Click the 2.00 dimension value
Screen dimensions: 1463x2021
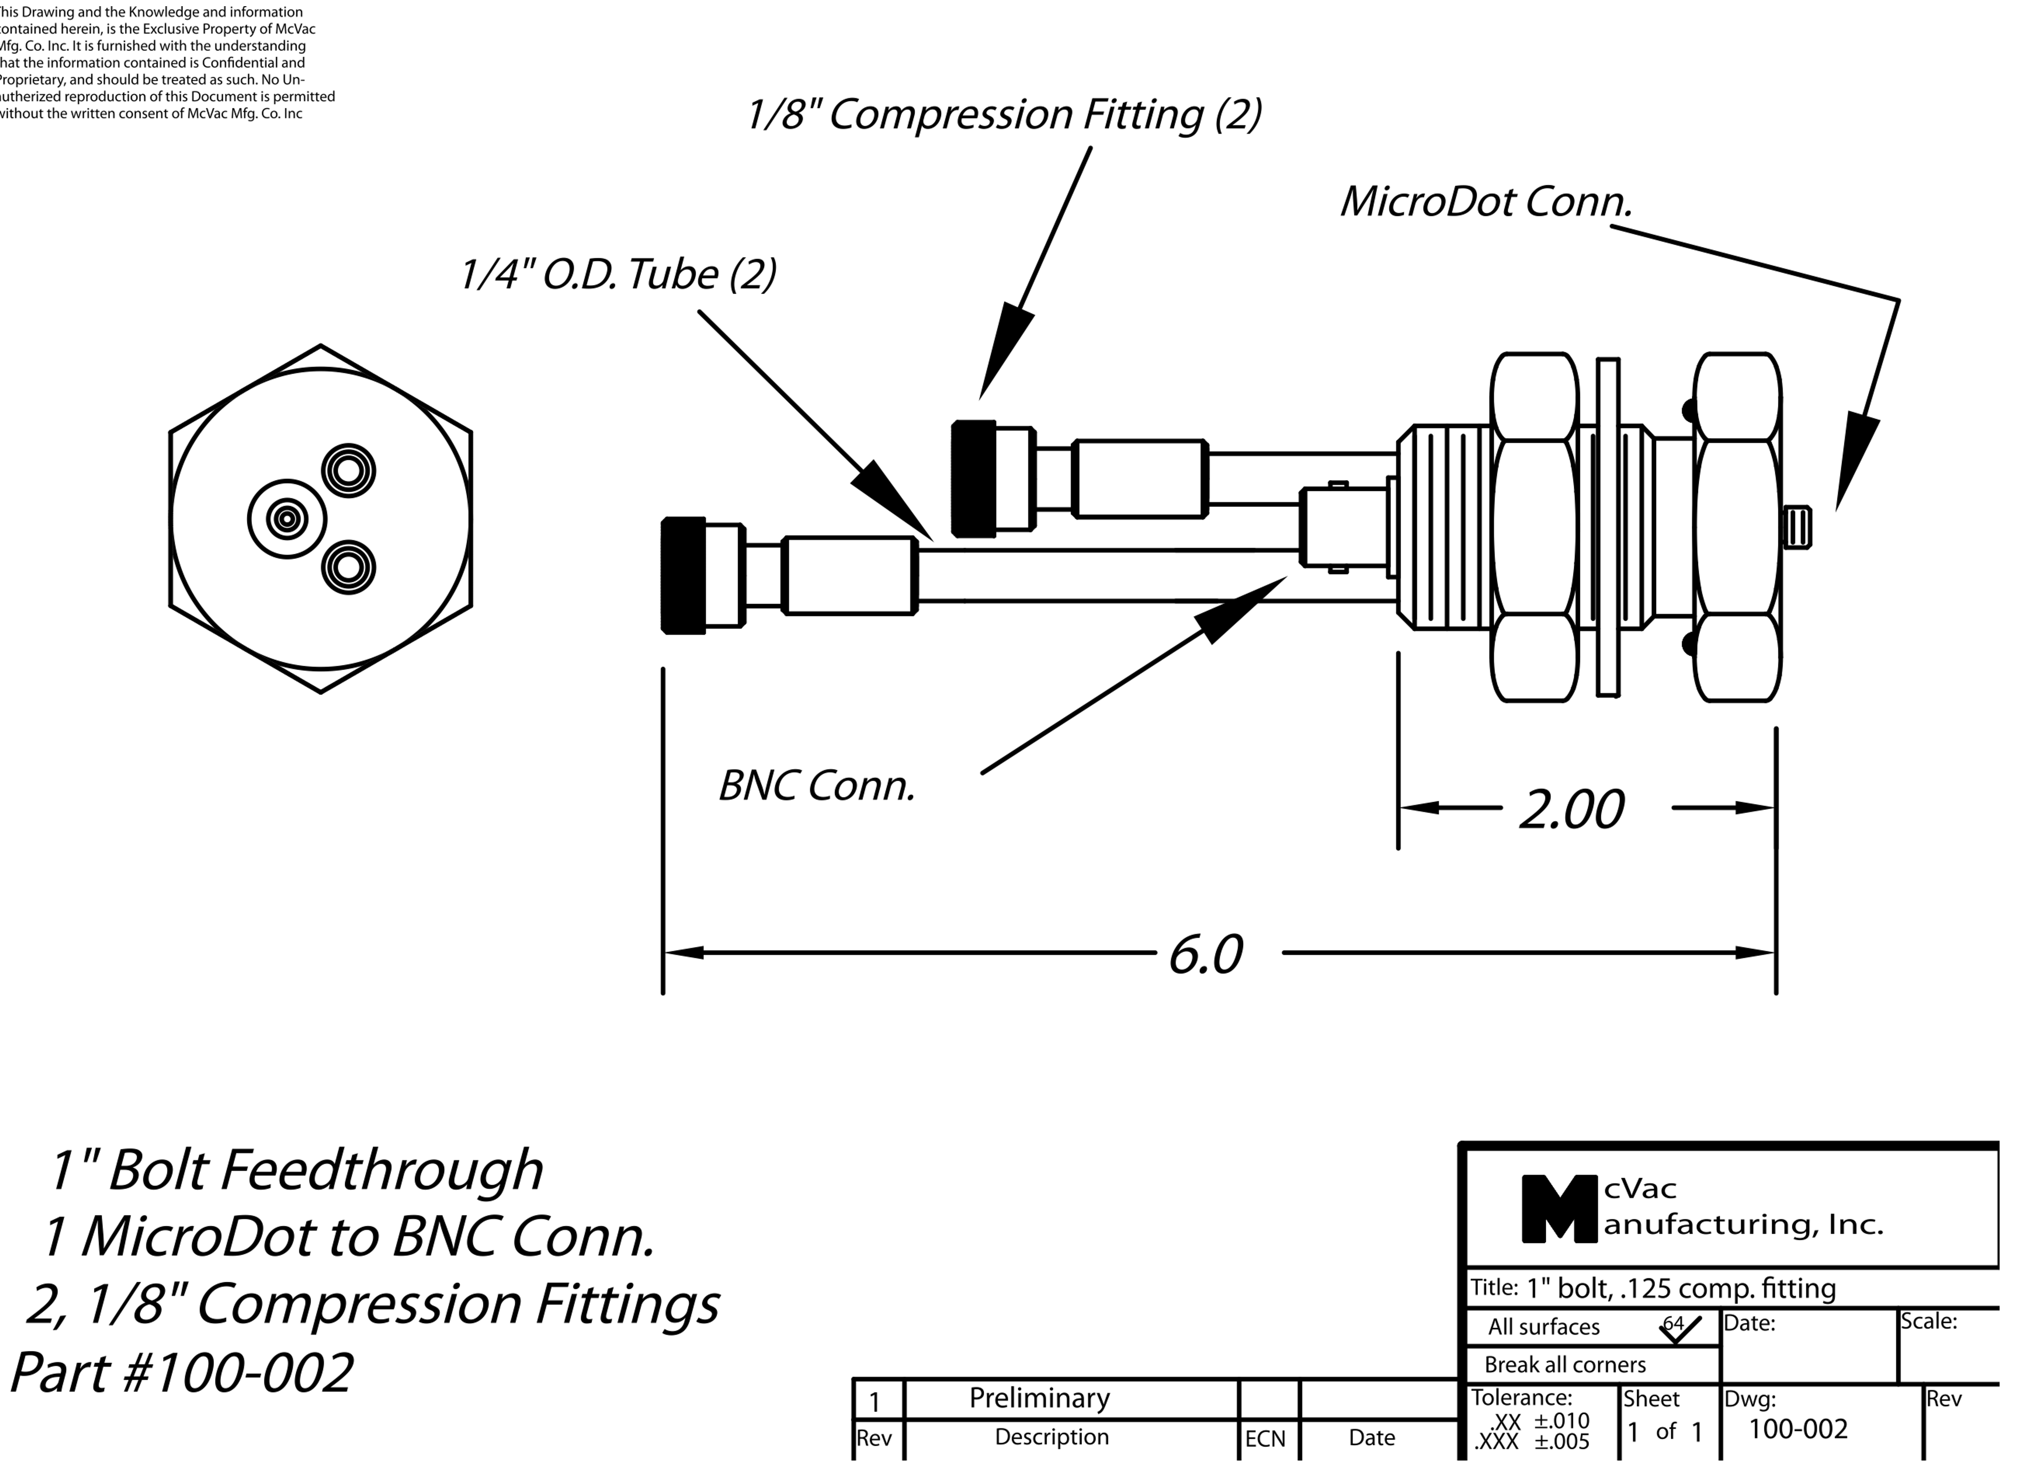(1571, 810)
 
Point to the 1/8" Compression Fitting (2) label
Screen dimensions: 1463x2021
(1004, 114)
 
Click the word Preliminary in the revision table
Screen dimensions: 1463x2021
(1039, 1398)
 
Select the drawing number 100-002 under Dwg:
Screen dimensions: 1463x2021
(1797, 1429)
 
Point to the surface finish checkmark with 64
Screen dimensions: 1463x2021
(1679, 1328)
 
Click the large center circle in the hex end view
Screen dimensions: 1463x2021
(287, 519)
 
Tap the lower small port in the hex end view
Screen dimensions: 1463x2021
(348, 567)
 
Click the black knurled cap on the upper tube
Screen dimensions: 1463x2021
(974, 479)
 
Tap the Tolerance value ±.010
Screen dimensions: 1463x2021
(1561, 1420)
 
